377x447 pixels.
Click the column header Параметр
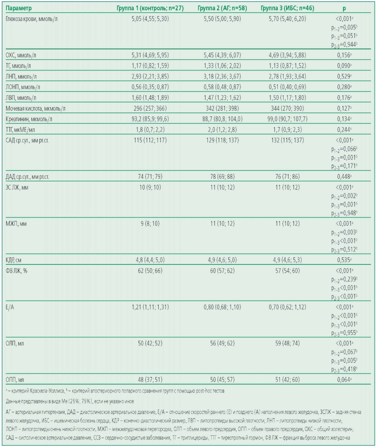pyautogui.click(x=19, y=8)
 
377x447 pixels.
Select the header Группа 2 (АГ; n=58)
pyautogui.click(x=222, y=8)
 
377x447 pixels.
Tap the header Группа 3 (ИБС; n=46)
pyautogui.click(x=287, y=8)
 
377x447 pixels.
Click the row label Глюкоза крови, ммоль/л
pyautogui.click(x=31, y=19)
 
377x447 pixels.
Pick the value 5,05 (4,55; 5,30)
pyautogui.click(x=150, y=19)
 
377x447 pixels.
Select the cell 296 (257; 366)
pyautogui.click(x=150, y=108)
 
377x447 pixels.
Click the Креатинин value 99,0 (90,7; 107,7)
pyautogui.click(x=287, y=119)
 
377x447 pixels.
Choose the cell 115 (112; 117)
pyautogui.click(x=150, y=140)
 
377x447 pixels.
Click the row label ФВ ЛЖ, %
pyautogui.click(x=16, y=271)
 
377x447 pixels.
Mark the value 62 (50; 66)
pyautogui.click(x=150, y=271)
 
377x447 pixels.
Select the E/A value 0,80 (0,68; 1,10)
pyautogui.click(x=222, y=307)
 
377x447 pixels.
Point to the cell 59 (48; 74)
pyautogui.click(x=287, y=343)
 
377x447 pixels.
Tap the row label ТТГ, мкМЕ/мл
pyautogui.click(x=20, y=130)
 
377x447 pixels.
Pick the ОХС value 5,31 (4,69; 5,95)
pyautogui.click(x=150, y=55)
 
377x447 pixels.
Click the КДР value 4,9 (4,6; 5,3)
pyautogui.click(x=287, y=260)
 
